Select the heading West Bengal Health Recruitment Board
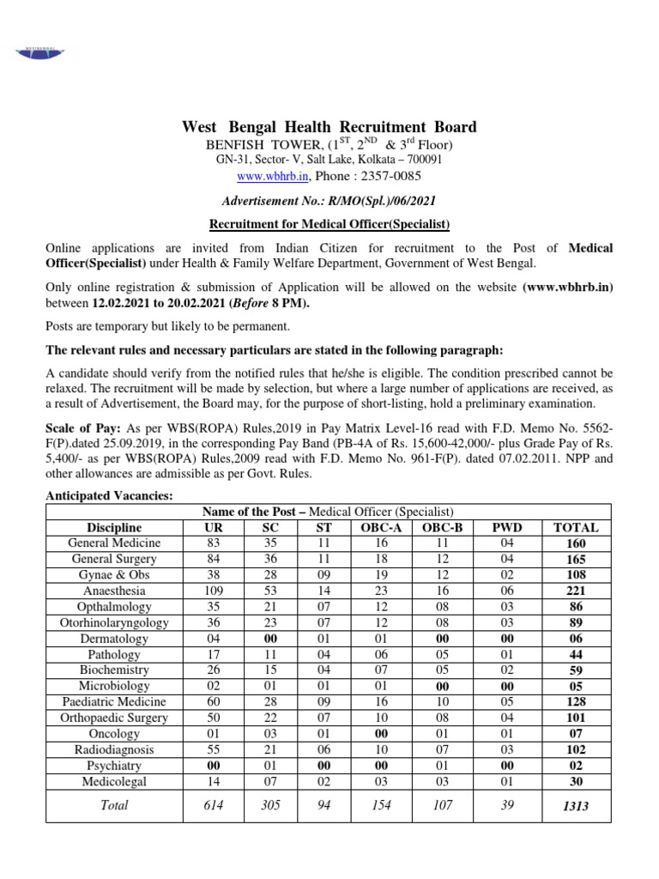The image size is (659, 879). click(329, 127)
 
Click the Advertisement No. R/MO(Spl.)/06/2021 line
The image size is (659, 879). click(329, 201)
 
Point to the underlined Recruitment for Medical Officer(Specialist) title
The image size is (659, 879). click(329, 225)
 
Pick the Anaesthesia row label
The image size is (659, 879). click(114, 591)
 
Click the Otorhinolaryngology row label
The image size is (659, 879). click(114, 623)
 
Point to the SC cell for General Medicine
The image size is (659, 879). click(269, 543)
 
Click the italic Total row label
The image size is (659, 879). click(114, 805)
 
